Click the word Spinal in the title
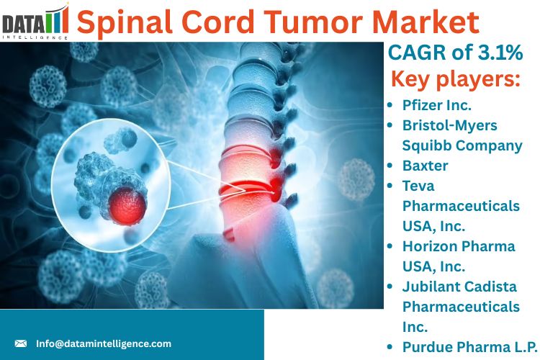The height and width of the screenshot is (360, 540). (125, 23)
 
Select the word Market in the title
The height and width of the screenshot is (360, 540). (426, 22)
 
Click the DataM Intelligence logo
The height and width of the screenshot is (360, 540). (35, 22)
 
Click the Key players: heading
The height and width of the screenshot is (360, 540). (456, 79)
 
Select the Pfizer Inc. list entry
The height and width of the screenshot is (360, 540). (437, 105)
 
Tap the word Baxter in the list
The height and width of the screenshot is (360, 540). (426, 166)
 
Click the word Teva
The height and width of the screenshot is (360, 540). (418, 186)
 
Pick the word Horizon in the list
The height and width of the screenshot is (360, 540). (430, 246)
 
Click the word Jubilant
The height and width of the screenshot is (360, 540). (430, 287)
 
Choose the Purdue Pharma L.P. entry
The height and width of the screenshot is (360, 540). (470, 347)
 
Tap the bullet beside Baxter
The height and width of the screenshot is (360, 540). (390, 166)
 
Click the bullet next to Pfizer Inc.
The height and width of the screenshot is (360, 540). (390, 105)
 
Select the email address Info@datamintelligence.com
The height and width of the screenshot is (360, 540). (104, 343)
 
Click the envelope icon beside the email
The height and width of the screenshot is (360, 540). (21, 343)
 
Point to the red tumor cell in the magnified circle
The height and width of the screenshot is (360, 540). (127, 206)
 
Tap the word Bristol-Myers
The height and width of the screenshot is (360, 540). (450, 125)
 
